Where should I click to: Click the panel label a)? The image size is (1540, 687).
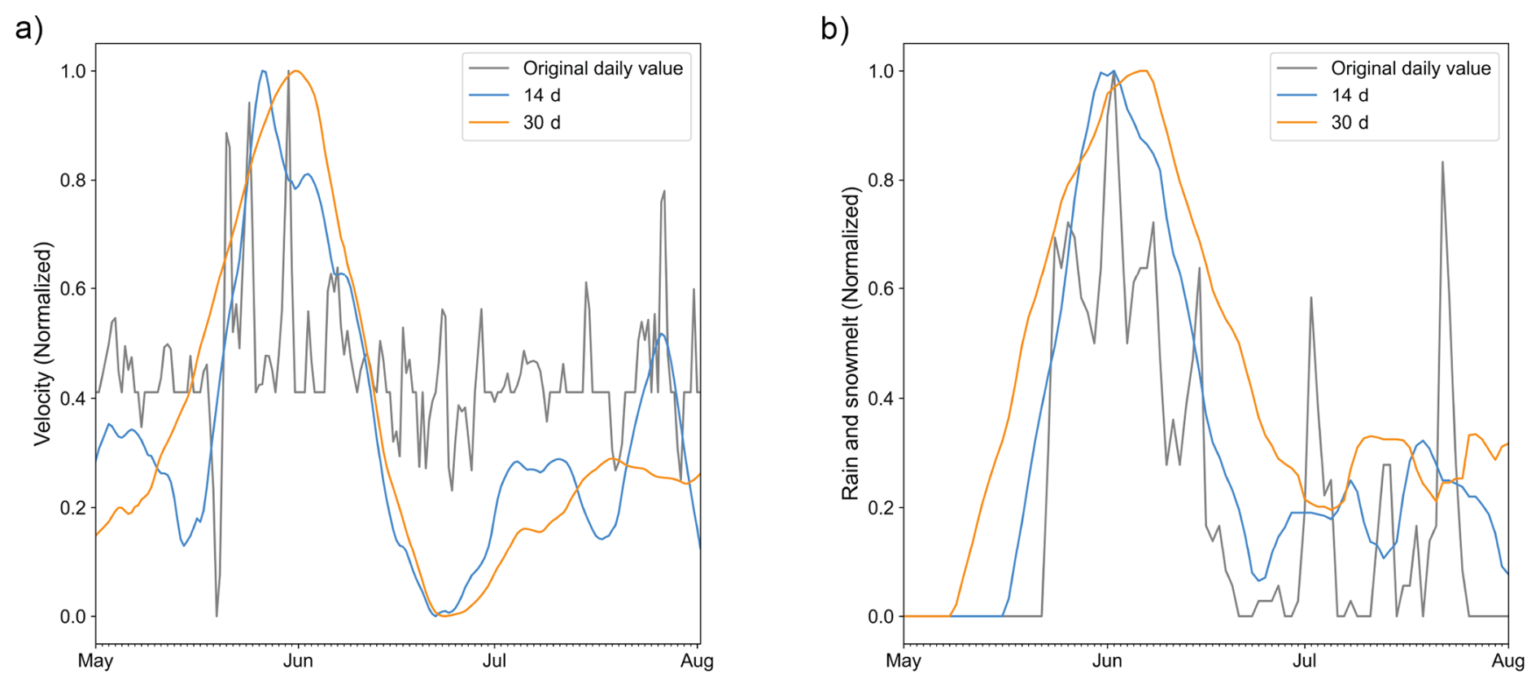(29, 28)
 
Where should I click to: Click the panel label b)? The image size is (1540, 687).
(835, 28)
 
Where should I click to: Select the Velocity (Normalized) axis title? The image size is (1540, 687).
(42, 343)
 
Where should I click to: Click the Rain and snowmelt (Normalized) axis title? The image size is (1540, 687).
(851, 343)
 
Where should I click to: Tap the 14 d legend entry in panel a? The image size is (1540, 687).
(541, 95)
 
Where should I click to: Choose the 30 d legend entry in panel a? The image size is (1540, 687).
(541, 122)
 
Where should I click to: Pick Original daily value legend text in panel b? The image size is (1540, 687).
(1411, 68)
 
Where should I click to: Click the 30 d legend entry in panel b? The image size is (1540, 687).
(1350, 122)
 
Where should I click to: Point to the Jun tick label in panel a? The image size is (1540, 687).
(298, 660)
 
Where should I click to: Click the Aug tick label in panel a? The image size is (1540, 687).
(697, 660)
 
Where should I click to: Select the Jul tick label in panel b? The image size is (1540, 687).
(1304, 660)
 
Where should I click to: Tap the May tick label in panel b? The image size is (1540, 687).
(903, 660)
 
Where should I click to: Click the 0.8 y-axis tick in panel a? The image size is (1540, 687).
(73, 180)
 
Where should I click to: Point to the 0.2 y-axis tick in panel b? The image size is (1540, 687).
(882, 507)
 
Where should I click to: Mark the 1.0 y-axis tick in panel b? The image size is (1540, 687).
(882, 71)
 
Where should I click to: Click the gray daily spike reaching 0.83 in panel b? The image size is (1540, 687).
(1443, 163)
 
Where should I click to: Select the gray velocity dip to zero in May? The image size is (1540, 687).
(217, 615)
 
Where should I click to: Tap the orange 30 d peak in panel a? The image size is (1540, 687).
(296, 72)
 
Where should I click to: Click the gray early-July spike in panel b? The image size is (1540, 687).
(1310, 299)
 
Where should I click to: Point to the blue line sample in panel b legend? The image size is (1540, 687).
(1297, 95)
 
